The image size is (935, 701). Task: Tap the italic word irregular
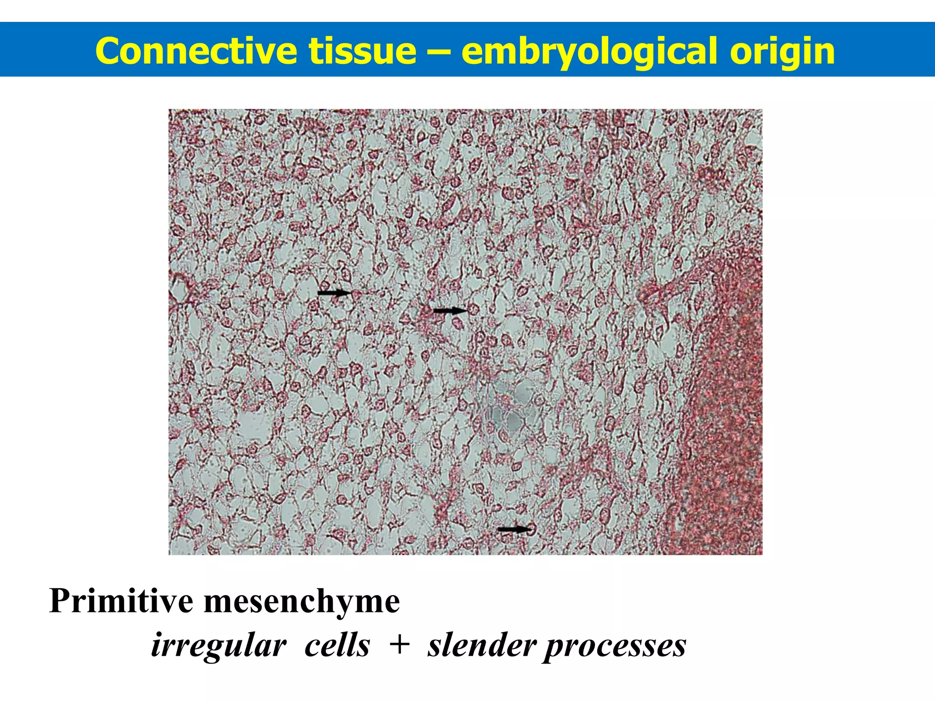[219, 645]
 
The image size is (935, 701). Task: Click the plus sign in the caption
[399, 645]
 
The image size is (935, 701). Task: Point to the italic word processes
[615, 646]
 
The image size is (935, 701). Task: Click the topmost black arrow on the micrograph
[335, 293]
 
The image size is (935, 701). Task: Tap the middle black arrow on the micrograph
[450, 311]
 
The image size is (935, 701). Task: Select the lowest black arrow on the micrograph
[515, 529]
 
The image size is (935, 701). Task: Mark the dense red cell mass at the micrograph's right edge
[726, 411]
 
